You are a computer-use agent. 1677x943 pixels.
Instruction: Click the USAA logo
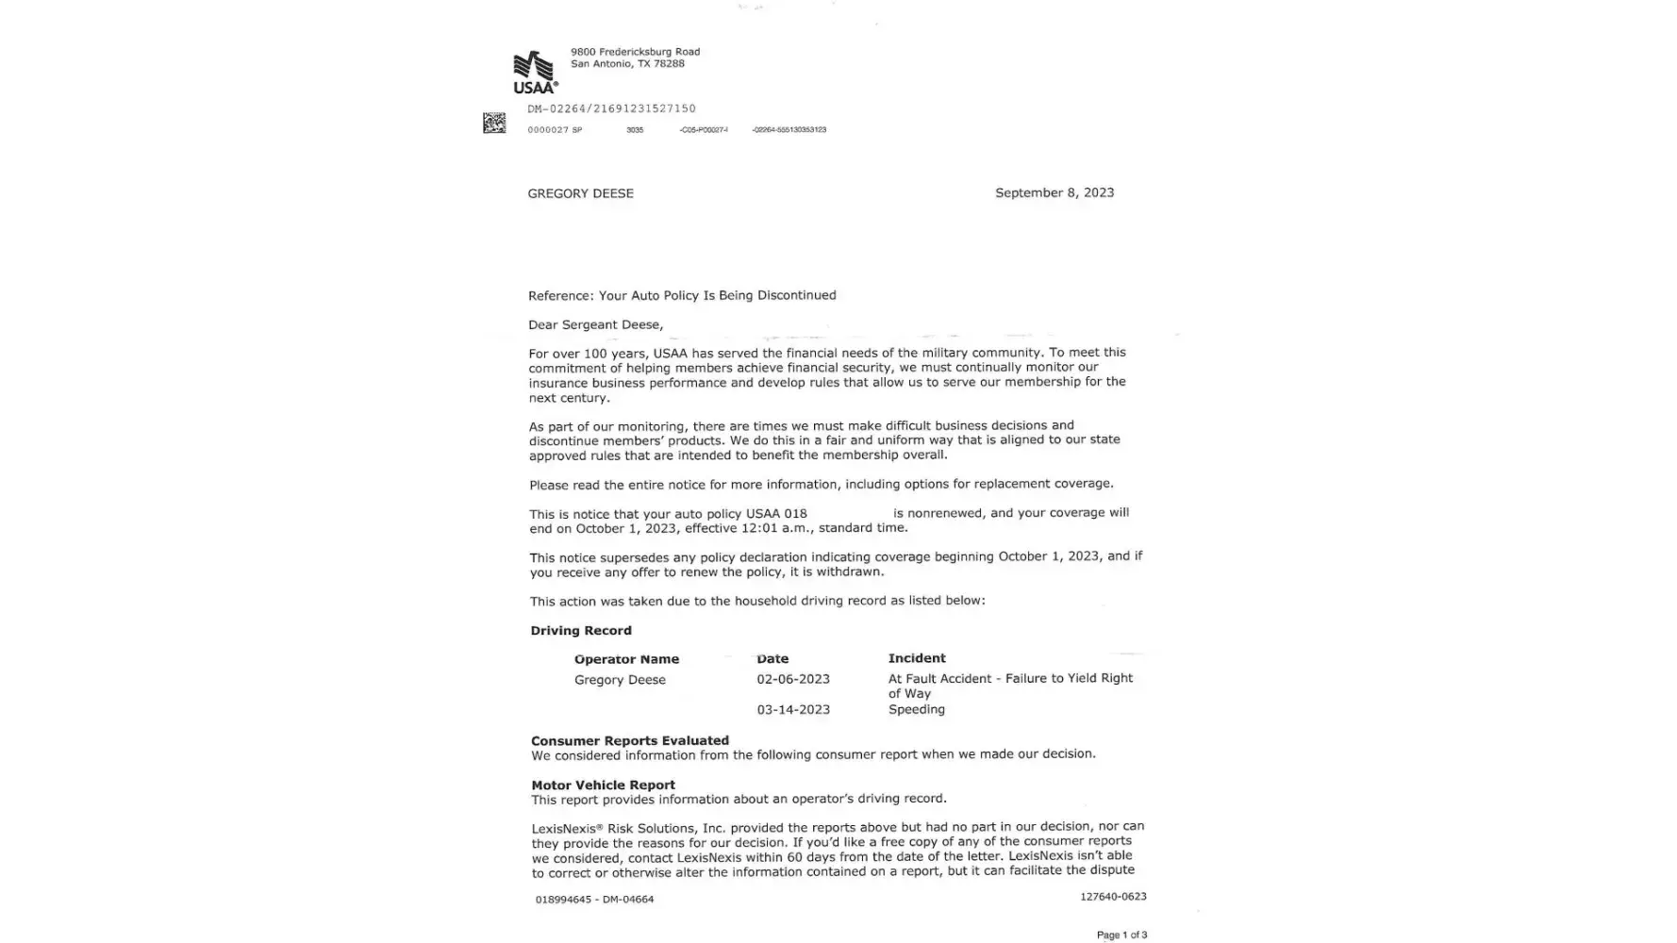[535, 73]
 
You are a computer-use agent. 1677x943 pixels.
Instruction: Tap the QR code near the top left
[494, 123]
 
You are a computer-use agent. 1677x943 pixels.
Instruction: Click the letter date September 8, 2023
[1054, 192]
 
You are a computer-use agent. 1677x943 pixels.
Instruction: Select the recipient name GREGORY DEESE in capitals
[580, 193]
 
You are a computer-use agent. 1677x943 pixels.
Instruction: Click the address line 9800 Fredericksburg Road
[635, 52]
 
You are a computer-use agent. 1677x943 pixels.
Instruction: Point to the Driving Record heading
[580, 630]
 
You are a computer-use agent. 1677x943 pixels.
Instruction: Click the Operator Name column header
[626, 659]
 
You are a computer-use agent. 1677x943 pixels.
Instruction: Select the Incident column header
[916, 658]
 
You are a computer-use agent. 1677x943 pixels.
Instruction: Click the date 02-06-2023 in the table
[792, 679]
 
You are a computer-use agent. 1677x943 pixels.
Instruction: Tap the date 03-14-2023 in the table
[792, 709]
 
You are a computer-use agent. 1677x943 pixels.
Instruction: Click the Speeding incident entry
[916, 709]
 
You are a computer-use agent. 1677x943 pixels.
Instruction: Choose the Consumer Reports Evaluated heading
[629, 740]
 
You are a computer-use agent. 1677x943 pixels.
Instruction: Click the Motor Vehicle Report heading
[603, 785]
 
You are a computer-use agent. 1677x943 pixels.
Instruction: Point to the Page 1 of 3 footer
[1121, 935]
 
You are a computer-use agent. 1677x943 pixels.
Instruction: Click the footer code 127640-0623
[1113, 897]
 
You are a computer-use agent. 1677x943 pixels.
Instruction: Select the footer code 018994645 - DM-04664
[594, 900]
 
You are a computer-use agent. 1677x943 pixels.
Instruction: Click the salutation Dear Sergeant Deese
[595, 324]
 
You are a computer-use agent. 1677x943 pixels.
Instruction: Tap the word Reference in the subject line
[560, 295]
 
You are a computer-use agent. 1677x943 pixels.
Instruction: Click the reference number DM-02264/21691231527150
[611, 108]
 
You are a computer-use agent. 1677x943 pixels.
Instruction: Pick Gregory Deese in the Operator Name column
[620, 680]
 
